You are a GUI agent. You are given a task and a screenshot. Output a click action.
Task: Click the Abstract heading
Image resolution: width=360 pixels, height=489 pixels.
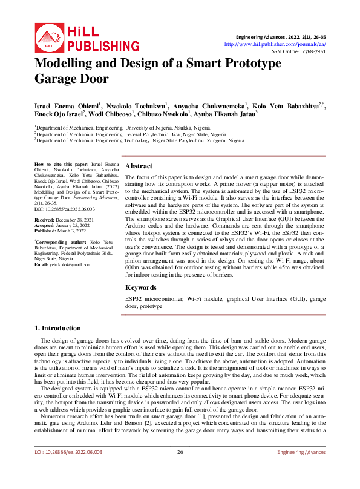tap(139, 166)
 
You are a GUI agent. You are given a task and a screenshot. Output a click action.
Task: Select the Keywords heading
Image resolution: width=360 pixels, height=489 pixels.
tap(142, 288)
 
